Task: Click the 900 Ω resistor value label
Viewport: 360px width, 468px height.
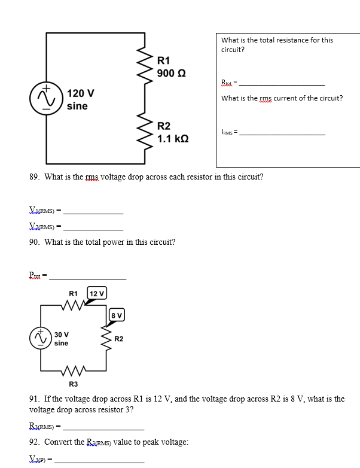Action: (x=171, y=73)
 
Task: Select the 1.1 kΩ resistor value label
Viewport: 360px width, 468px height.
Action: (x=173, y=138)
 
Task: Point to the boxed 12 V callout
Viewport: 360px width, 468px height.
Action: (x=97, y=293)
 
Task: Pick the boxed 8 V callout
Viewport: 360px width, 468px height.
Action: (x=117, y=315)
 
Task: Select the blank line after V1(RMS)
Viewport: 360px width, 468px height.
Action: (x=93, y=214)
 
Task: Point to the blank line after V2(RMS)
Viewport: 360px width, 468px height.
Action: (x=93, y=230)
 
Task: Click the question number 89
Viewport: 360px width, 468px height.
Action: (x=34, y=177)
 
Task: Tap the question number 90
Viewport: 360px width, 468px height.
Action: (x=34, y=242)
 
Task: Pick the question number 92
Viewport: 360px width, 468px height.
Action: (x=34, y=442)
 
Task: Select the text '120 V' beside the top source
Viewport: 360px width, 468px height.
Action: (x=80, y=94)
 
